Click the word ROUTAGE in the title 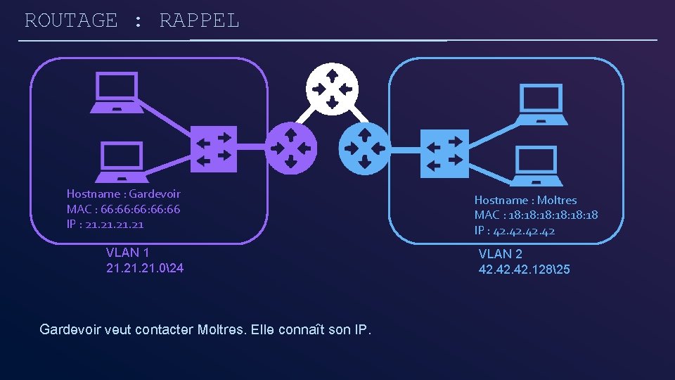click(x=71, y=20)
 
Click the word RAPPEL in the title click(x=200, y=20)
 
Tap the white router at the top click(x=332, y=89)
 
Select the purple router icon click(x=291, y=148)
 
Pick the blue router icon click(x=364, y=148)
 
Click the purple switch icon click(x=214, y=150)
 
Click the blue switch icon click(x=444, y=153)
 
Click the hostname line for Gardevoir click(x=123, y=194)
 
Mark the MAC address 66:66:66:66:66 click(x=123, y=209)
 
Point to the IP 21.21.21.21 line click(x=105, y=224)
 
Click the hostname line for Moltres click(x=525, y=200)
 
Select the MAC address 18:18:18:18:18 click(x=536, y=215)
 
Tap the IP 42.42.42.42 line click(x=514, y=230)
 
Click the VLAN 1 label click(x=127, y=253)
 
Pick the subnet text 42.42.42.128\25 click(x=525, y=270)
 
